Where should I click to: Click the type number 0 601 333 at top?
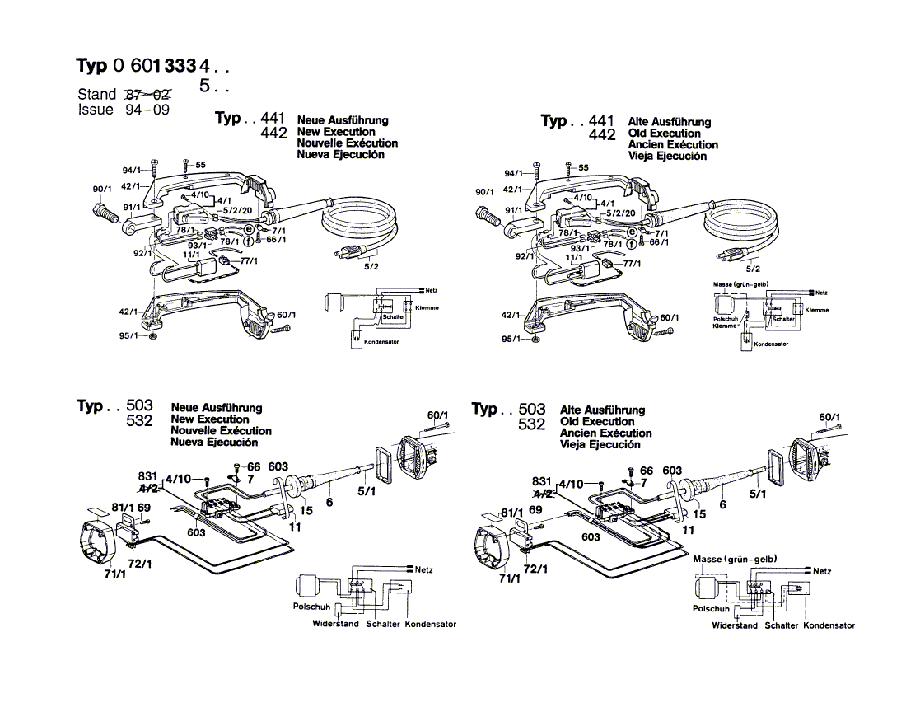tap(156, 66)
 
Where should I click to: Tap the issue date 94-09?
tap(147, 110)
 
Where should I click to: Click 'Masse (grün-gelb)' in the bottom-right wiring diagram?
tap(735, 559)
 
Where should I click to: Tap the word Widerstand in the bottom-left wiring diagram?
tap(335, 625)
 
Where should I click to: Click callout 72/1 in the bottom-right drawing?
tap(536, 569)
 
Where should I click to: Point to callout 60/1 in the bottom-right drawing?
tap(829, 417)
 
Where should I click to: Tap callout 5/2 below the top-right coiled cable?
tap(753, 269)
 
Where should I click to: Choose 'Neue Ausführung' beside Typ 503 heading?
tap(217, 407)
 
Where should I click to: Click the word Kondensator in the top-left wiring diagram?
tap(381, 342)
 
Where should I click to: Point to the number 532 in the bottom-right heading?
tap(532, 425)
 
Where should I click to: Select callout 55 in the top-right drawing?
tap(583, 167)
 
